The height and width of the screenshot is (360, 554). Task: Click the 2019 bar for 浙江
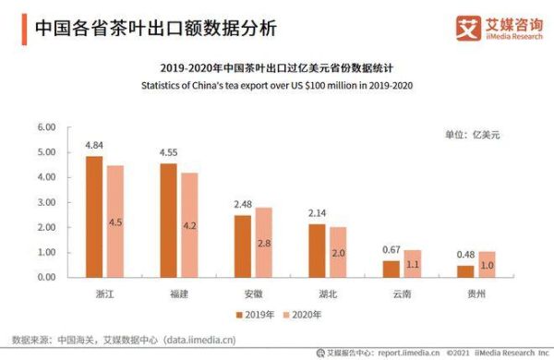(x=94, y=216)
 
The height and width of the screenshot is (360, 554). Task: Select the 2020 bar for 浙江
(x=114, y=221)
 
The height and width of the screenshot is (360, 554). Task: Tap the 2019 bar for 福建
(x=168, y=220)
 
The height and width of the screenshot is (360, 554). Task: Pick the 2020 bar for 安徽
(x=263, y=242)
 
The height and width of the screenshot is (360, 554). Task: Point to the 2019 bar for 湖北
(x=317, y=250)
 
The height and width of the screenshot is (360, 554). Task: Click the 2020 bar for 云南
(x=412, y=263)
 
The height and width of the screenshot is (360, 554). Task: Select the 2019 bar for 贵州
(x=465, y=270)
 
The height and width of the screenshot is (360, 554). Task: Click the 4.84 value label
(x=94, y=146)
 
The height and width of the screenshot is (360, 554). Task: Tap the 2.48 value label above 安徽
(x=243, y=204)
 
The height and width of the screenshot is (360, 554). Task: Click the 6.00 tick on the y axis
(x=45, y=126)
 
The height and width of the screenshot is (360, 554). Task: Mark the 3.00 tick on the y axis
(x=45, y=201)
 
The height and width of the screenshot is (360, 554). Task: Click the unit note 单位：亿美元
(x=472, y=135)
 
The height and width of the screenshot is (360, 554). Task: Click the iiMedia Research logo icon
(x=469, y=27)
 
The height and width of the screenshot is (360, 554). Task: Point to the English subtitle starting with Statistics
(x=277, y=85)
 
